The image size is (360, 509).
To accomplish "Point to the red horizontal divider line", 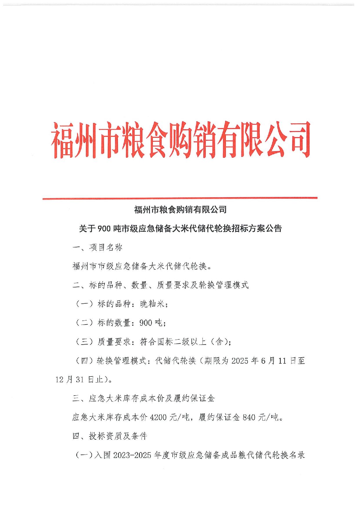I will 180,198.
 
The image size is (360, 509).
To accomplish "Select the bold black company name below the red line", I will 180,209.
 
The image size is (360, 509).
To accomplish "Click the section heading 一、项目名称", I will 97,247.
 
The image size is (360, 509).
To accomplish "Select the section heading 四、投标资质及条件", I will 110,436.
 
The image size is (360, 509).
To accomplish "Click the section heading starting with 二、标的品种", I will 160,285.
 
